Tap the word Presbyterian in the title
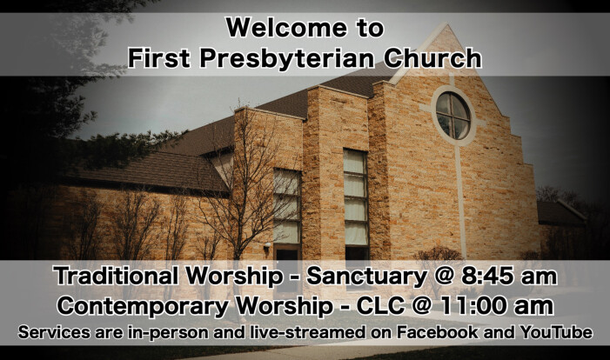(286, 58)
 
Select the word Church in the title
(432, 58)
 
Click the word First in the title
(159, 58)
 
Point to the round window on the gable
(452, 116)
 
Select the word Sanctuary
(366, 277)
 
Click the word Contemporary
(143, 307)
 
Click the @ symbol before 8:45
(444, 277)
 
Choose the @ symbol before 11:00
(421, 306)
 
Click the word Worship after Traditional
(234, 277)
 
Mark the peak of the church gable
(446, 23)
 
